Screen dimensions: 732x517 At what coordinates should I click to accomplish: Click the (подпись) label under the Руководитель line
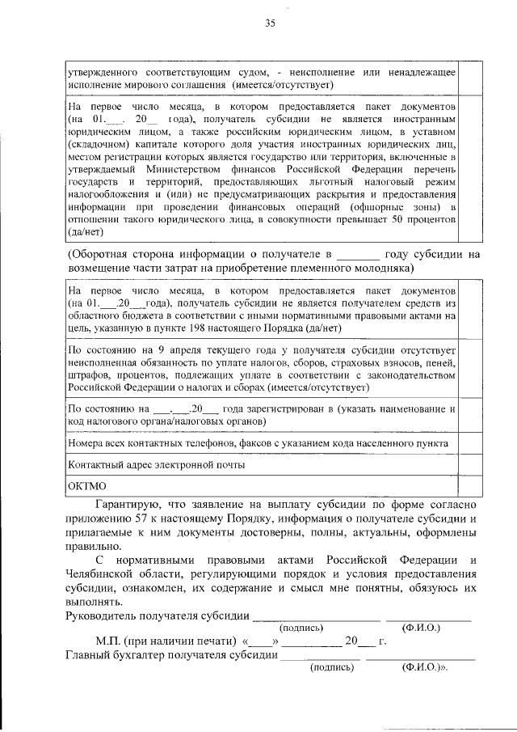tap(301, 628)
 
